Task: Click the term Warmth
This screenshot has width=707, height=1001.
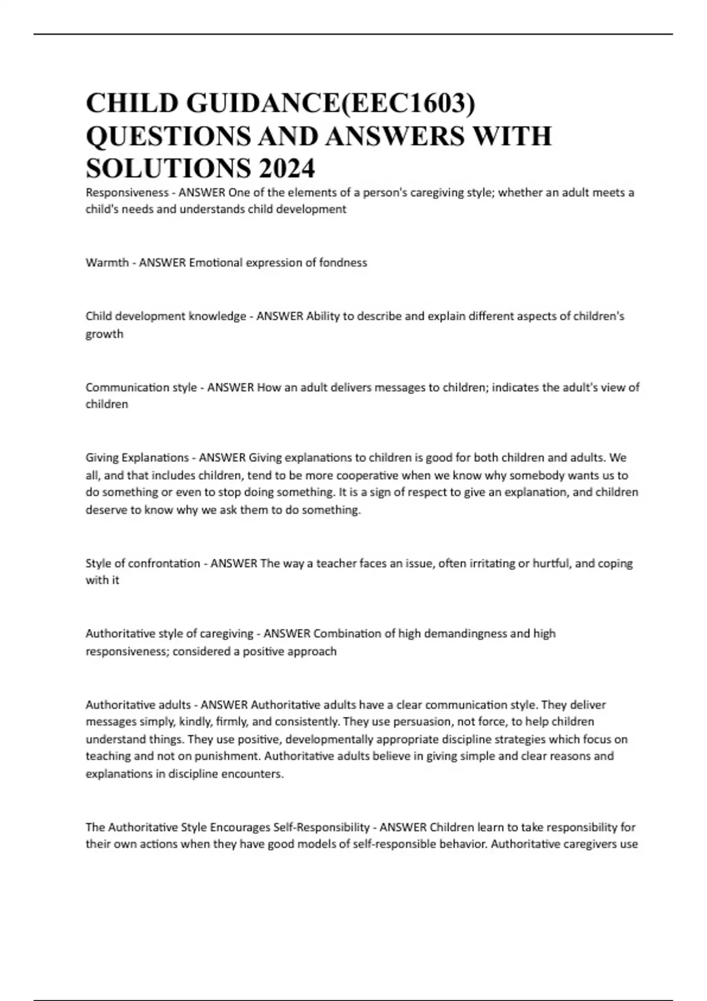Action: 107,263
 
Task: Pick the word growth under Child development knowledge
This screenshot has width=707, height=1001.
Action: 104,334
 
